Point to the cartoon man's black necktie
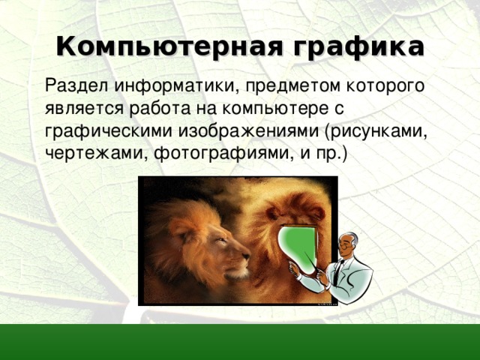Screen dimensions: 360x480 (339, 270)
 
